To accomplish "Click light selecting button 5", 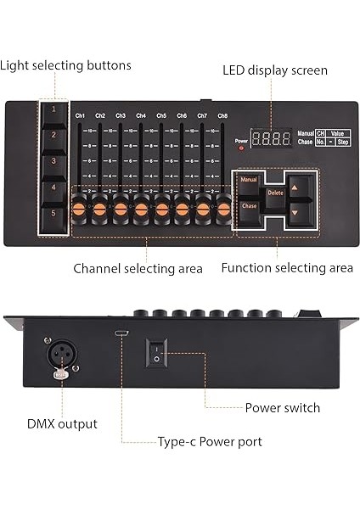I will pos(53,213).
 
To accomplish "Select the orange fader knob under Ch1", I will pos(80,206).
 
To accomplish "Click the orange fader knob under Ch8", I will pos(223,206).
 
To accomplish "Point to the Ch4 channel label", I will pos(141,115).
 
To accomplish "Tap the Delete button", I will pos(275,193).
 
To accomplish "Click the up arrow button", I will pos(295,187).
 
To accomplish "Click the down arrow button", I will pos(295,212).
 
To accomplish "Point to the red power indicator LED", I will pos(241,148).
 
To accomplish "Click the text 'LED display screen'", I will pos(275,70).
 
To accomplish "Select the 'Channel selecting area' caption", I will pos(138,268).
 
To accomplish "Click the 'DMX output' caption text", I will pos(62,423).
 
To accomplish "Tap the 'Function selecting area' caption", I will pos(287,268).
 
